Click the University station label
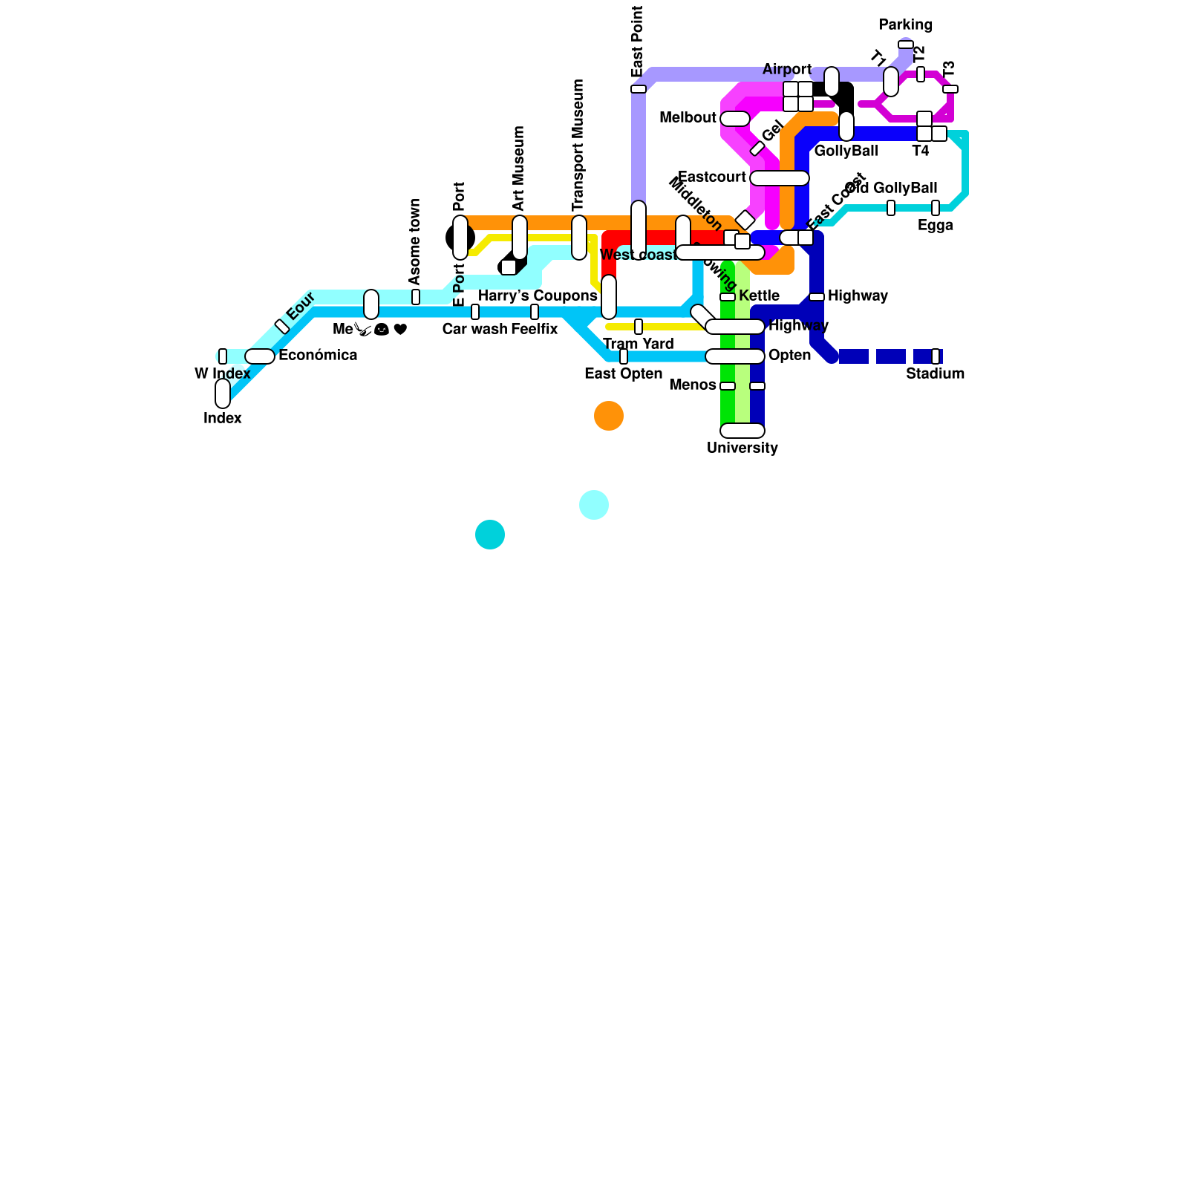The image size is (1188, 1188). (742, 448)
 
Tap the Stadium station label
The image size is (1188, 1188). (935, 373)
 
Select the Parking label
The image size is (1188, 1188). (905, 25)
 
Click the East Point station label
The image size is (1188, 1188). (637, 42)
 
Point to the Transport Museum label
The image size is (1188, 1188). (578, 145)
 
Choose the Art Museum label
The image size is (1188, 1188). (519, 168)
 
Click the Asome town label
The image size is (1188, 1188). (415, 241)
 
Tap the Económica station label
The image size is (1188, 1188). (318, 355)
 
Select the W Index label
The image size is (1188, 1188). (222, 373)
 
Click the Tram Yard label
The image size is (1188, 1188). (638, 344)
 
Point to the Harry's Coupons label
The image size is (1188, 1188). (538, 296)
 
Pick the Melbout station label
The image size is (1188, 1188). (688, 117)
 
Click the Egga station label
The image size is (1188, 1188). (935, 225)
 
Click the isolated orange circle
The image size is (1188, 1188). (609, 416)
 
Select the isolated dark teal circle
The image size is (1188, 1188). (490, 535)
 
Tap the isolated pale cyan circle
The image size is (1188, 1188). (594, 505)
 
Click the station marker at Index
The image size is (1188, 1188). (223, 394)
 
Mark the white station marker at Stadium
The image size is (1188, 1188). (936, 356)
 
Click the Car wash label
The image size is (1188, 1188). (474, 329)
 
